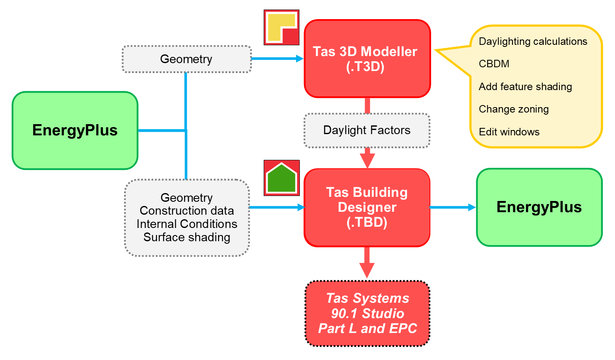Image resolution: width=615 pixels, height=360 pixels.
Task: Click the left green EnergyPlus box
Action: point(75,130)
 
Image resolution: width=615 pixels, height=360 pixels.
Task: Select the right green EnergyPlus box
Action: point(539,207)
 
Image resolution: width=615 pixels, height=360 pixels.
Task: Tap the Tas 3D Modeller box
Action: point(367,59)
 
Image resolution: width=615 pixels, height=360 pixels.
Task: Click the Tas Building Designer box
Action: point(367,207)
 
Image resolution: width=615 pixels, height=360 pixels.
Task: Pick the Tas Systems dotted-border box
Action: point(367,313)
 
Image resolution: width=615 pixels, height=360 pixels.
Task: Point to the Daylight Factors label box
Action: point(367,130)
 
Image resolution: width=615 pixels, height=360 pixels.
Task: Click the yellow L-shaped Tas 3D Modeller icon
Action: point(282,27)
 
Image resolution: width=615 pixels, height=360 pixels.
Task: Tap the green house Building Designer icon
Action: point(282,178)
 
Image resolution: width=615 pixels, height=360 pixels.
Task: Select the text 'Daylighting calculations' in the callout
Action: point(533,42)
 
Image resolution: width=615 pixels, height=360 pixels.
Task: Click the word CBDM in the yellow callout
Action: point(494,64)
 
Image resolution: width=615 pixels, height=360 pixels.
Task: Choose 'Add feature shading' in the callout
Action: point(525,87)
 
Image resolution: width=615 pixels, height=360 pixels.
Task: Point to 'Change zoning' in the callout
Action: point(514,109)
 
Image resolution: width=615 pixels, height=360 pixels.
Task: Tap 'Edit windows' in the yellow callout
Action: point(509,132)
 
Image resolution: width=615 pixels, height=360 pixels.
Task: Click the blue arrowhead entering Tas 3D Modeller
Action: point(299,59)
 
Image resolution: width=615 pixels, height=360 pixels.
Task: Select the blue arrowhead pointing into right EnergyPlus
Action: point(472,207)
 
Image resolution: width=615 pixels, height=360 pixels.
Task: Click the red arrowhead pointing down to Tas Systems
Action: point(367,270)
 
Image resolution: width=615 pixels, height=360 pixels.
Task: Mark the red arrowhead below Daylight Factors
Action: point(367,160)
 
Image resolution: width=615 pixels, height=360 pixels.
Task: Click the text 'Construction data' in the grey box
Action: point(187,211)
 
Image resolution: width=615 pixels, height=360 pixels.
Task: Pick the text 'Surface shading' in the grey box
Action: point(187,238)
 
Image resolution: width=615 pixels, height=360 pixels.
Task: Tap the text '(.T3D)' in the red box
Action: point(365,67)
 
